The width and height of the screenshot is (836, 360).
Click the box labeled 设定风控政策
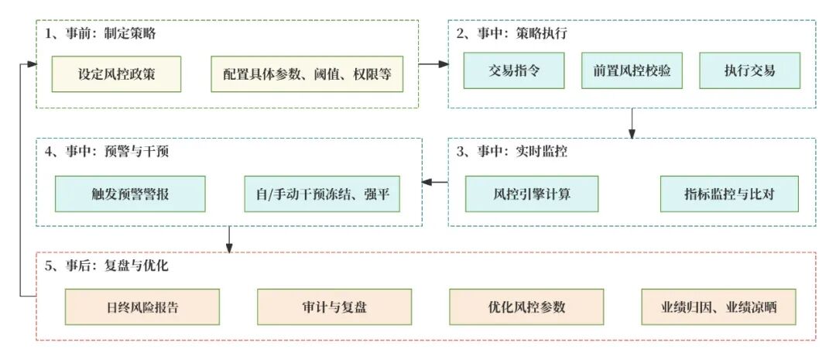[116, 74]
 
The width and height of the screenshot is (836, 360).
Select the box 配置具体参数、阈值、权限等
[307, 74]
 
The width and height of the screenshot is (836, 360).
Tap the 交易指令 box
[514, 71]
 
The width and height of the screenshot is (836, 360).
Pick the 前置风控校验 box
[632, 71]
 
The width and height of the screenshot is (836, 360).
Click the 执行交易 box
[749, 71]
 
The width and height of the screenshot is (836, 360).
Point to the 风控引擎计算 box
[532, 194]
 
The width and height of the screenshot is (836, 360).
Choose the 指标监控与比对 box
[728, 194]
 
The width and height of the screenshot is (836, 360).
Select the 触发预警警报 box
[130, 194]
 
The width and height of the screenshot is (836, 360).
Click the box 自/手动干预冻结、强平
[322, 194]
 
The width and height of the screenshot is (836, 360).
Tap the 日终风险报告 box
[142, 307]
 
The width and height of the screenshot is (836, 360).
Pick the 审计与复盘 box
[334, 307]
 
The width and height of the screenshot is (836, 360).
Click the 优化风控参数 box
[526, 307]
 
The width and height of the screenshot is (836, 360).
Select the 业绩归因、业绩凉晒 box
[719, 307]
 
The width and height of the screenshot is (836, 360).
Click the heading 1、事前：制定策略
[101, 34]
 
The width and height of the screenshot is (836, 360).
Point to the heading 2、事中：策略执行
[513, 34]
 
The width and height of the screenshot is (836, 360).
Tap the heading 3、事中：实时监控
[512, 152]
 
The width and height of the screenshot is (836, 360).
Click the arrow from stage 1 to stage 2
[433, 63]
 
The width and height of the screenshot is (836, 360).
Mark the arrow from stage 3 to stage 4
[435, 183]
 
